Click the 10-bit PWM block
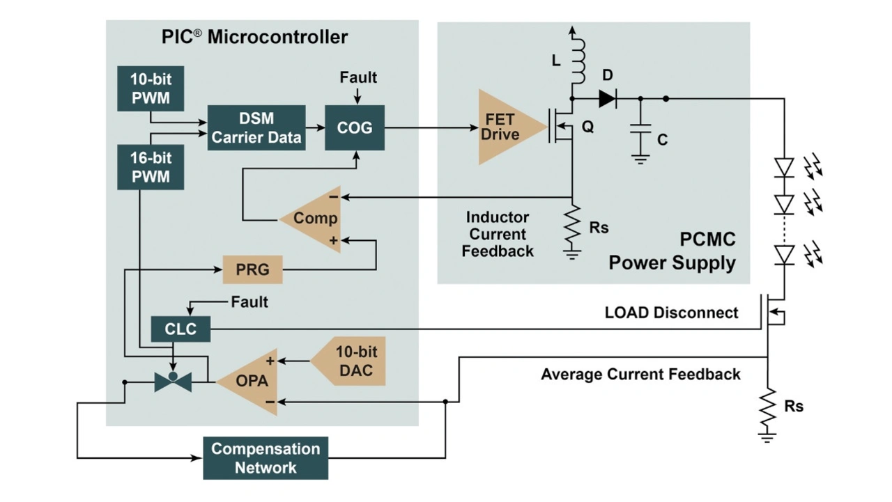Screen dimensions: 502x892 click(151, 88)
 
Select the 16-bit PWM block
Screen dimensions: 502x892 click(151, 168)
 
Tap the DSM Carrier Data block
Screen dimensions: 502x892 click(256, 128)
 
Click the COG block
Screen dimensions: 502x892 click(355, 128)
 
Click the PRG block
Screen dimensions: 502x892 click(252, 269)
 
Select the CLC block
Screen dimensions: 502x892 click(180, 329)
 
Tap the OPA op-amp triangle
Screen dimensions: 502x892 click(252, 382)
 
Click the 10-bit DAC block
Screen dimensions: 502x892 click(353, 361)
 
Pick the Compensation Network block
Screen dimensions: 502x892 click(266, 458)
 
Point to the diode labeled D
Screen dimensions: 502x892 click(608, 99)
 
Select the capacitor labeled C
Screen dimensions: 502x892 click(640, 132)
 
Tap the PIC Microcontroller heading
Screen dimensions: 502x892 click(254, 37)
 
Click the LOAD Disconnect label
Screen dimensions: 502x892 click(671, 313)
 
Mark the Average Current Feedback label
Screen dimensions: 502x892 click(640, 375)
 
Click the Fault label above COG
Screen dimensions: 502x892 click(358, 77)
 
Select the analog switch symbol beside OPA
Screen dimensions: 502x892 click(173, 382)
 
